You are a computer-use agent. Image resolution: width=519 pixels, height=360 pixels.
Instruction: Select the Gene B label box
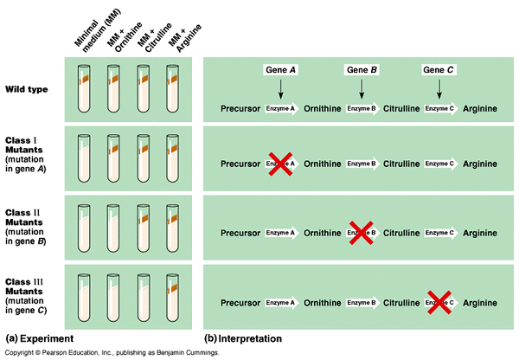coord(362,69)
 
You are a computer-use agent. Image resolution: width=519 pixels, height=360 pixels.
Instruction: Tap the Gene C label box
coord(439,69)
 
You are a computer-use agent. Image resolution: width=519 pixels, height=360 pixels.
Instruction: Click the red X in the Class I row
coord(279,163)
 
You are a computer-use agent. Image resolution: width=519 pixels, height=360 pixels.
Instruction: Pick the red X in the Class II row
coord(361,232)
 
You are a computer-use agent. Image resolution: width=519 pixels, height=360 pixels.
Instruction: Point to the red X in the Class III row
coord(439,301)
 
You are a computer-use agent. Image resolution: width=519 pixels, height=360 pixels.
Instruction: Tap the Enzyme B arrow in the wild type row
coord(362,110)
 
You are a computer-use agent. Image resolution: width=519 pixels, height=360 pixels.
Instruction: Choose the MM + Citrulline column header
coord(145,26)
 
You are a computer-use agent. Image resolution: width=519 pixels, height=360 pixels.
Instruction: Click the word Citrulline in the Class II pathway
coord(401,232)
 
